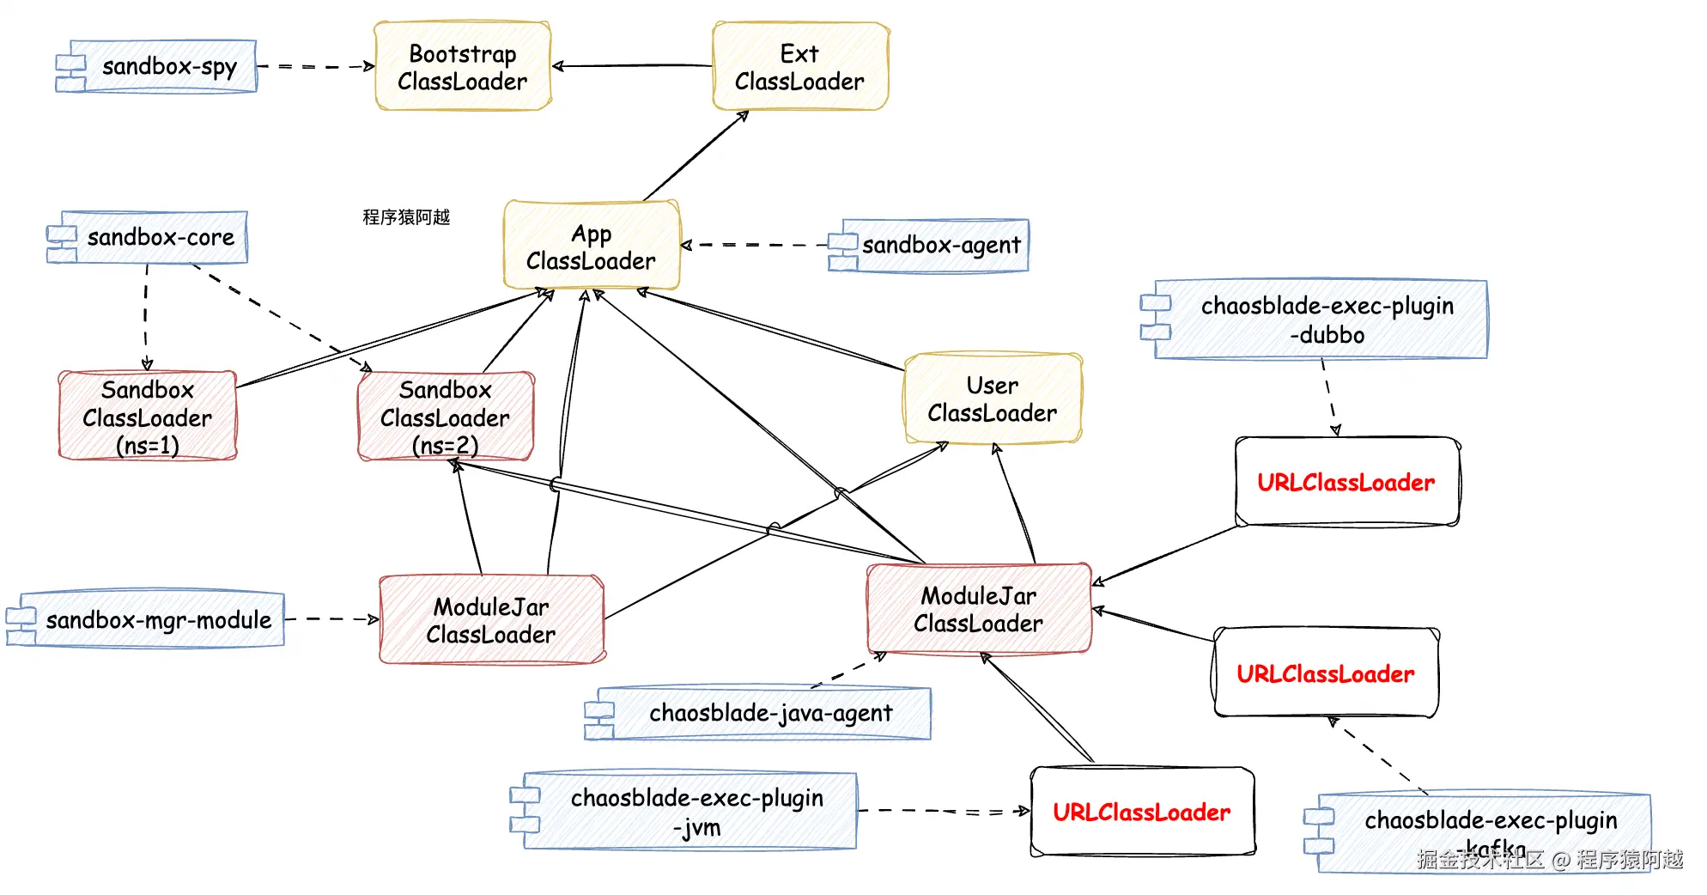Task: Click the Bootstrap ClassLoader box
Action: pos(463,67)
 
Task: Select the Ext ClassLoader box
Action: pos(800,67)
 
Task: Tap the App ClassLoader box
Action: pos(592,247)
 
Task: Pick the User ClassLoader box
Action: pos(993,399)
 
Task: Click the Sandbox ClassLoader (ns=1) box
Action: pos(148,417)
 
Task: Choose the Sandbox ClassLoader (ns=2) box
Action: pos(446,417)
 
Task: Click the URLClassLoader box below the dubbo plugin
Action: pos(1346,482)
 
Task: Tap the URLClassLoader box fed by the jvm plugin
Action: pos(1142,812)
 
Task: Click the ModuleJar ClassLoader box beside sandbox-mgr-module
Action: pos(492,620)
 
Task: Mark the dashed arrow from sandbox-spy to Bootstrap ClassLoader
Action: pos(315,66)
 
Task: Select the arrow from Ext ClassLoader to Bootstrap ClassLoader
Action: pos(632,65)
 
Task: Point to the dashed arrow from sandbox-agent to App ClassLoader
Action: pos(756,245)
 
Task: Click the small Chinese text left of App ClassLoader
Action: pos(406,216)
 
